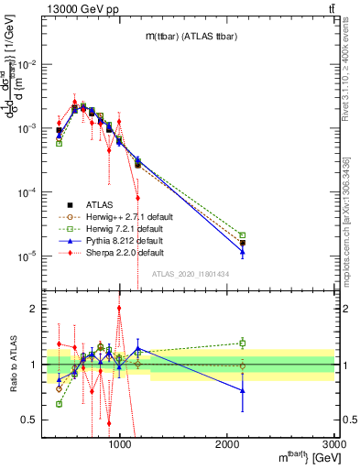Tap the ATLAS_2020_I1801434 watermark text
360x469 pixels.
[x=190, y=274]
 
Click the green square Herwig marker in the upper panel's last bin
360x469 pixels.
[x=243, y=235]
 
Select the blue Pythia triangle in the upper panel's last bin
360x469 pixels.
[x=243, y=252]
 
